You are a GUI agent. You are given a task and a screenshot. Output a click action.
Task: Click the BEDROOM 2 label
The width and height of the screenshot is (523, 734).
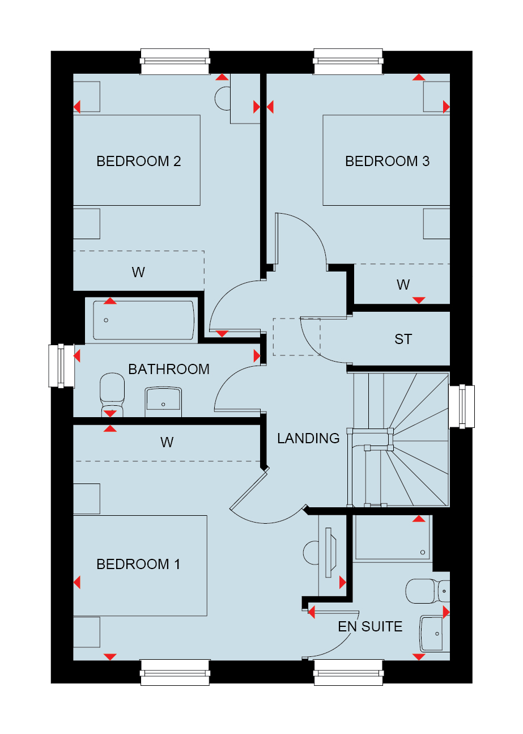138,161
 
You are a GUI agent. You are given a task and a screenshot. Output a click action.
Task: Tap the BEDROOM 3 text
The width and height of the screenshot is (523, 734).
387,161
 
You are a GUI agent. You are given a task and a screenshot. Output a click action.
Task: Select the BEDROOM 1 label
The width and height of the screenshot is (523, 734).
138,565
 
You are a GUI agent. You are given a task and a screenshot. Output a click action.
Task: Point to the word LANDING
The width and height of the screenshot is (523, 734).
308,439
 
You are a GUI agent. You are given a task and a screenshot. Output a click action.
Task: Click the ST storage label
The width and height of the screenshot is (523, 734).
403,339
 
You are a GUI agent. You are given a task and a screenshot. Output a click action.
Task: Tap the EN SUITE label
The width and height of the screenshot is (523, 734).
370,626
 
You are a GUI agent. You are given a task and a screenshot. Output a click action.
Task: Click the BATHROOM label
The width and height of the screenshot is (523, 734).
169,370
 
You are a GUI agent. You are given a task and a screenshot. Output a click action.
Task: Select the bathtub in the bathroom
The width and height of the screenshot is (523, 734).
144,320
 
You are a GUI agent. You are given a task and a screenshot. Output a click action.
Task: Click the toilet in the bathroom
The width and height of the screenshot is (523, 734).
112,394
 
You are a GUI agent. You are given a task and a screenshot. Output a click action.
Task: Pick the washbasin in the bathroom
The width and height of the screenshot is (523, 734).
163,402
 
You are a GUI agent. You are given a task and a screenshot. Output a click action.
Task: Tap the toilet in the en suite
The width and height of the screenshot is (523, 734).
428,591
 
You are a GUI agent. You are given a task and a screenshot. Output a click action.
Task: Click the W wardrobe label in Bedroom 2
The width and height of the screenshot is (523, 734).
138,272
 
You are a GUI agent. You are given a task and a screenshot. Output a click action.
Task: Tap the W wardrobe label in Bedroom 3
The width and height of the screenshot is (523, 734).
403,285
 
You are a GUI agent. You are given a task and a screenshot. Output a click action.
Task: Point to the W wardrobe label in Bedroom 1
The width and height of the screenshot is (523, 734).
167,442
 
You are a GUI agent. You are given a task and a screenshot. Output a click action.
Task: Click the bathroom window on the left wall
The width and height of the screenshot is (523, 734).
62,366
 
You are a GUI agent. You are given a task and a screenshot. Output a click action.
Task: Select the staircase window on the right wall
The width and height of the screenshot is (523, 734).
461,406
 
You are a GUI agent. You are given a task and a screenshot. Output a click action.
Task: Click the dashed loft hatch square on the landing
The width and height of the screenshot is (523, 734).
297,337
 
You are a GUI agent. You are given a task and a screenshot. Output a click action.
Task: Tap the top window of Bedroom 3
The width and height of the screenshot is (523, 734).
348,61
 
